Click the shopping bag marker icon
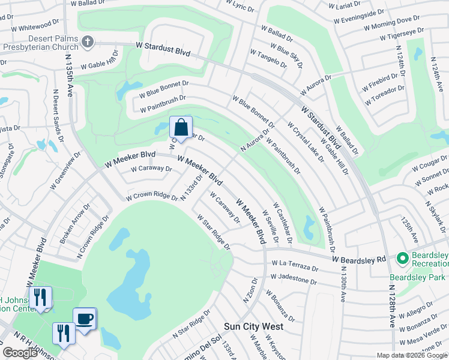[x=181, y=127]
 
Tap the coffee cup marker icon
[x=84, y=319]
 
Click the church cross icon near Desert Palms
[x=88, y=42]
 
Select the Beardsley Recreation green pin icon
[x=402, y=259]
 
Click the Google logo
[x=20, y=353]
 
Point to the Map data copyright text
[x=412, y=355]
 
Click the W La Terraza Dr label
[x=294, y=265]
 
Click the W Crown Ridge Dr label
[x=152, y=196]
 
